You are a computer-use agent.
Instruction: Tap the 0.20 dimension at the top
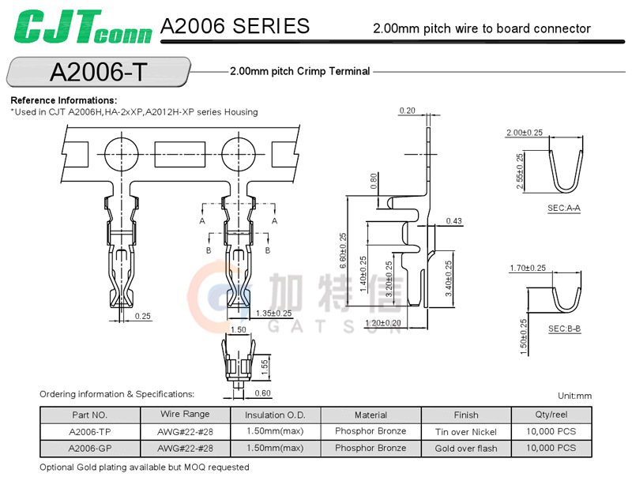408,111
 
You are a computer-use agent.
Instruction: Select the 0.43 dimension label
453,221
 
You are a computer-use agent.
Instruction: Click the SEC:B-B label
564,328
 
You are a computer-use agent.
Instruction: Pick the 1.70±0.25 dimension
529,269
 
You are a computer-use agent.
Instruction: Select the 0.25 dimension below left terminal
143,316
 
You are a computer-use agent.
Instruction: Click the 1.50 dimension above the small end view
238,329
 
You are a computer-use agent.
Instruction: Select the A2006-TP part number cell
89,431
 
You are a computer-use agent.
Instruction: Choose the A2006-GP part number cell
89,448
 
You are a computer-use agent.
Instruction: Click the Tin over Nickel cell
465,431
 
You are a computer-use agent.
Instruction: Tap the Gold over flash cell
465,448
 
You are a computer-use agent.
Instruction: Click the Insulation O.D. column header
275,415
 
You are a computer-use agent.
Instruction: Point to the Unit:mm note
574,396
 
